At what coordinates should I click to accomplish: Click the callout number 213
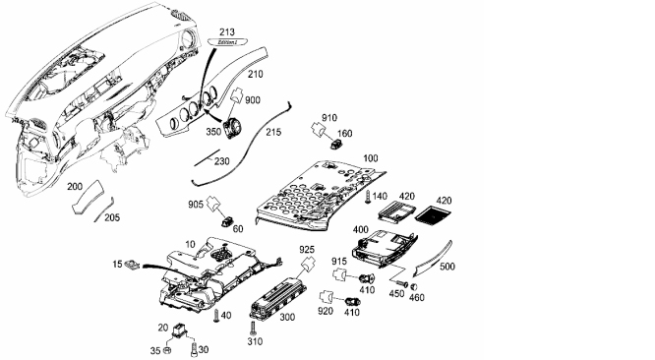tap(227, 31)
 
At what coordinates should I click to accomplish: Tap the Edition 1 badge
tap(227, 41)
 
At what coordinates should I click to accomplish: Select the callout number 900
tap(253, 100)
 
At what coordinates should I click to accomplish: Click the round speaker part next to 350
tap(232, 127)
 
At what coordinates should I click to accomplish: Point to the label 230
tap(222, 161)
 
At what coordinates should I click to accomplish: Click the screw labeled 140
tap(368, 197)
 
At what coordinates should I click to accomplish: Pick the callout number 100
tap(370, 158)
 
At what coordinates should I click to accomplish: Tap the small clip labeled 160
tap(336, 144)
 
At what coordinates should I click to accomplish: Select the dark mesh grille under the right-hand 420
tap(433, 213)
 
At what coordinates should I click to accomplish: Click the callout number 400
tap(361, 230)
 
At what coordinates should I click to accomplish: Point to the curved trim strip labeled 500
tap(433, 259)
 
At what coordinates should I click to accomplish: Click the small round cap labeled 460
tap(414, 287)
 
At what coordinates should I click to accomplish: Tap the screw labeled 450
tap(402, 283)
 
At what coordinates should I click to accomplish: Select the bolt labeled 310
tap(253, 328)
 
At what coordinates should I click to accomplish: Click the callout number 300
tap(287, 318)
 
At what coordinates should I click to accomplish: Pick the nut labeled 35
tap(166, 350)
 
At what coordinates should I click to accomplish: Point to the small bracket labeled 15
tap(133, 265)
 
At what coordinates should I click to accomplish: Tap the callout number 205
tap(111, 217)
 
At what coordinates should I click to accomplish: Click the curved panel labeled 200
tap(88, 197)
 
